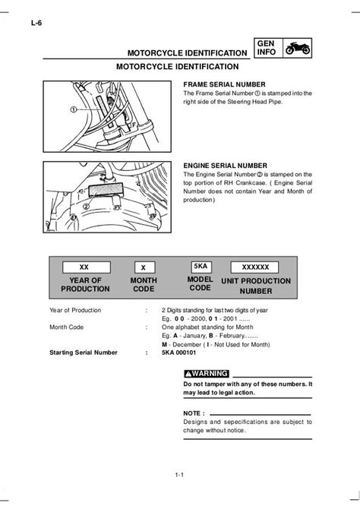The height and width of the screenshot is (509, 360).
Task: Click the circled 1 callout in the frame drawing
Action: (x=75, y=109)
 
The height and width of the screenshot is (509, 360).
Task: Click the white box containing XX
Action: (x=84, y=267)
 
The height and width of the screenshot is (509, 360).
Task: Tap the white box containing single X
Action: (x=144, y=267)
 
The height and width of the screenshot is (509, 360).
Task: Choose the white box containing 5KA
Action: (x=201, y=267)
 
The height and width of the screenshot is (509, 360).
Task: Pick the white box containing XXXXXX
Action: (x=255, y=267)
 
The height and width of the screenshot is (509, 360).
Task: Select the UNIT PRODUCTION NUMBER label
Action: (x=255, y=285)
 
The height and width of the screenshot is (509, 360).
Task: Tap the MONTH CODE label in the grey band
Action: (x=144, y=285)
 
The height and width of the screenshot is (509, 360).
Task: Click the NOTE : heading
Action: (x=196, y=413)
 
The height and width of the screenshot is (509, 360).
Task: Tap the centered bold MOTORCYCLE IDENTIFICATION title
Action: (x=179, y=68)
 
